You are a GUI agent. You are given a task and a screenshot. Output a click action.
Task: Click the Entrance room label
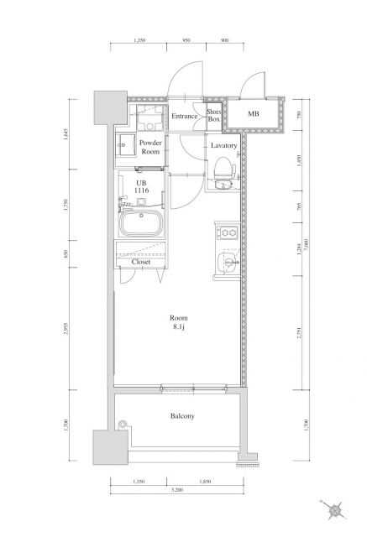[x=185, y=116]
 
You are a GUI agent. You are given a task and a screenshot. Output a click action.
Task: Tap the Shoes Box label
[x=215, y=115]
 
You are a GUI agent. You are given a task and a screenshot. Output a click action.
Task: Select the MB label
[x=253, y=113]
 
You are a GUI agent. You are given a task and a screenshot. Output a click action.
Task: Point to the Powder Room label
[x=150, y=148]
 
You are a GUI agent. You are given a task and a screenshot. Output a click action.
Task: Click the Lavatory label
[x=223, y=145]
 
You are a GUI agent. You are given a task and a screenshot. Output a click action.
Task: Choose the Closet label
[x=141, y=262]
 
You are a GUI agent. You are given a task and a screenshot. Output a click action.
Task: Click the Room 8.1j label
[x=178, y=322]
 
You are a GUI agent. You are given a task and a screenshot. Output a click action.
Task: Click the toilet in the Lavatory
[x=223, y=175]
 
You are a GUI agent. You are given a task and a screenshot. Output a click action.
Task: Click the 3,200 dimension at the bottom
[x=176, y=488]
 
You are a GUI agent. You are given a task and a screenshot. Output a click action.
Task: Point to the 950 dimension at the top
[x=186, y=39]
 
